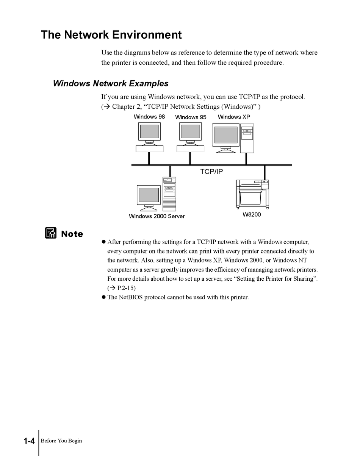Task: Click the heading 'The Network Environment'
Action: pos(111,35)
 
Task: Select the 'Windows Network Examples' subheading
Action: pos(111,83)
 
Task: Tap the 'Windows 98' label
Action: pos(149,117)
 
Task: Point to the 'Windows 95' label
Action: pos(191,117)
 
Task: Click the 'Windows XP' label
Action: pos(234,117)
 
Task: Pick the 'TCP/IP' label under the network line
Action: pos(211,172)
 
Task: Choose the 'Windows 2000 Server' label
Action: pos(157,216)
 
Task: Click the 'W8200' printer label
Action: pos(252,214)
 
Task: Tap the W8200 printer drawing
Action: pos(252,194)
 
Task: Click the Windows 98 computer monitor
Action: pos(149,132)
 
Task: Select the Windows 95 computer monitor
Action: pos(190,132)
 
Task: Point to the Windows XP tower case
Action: pos(247,138)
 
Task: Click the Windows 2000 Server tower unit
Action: pos(169,194)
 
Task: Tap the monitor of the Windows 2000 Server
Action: pos(149,195)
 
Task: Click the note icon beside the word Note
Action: pos(50,233)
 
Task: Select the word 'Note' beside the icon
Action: pos(72,234)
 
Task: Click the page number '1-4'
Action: pos(29,441)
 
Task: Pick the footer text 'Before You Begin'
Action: pos(61,441)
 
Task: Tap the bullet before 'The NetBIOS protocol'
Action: pos(103,297)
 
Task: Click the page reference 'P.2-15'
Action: pos(123,288)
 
